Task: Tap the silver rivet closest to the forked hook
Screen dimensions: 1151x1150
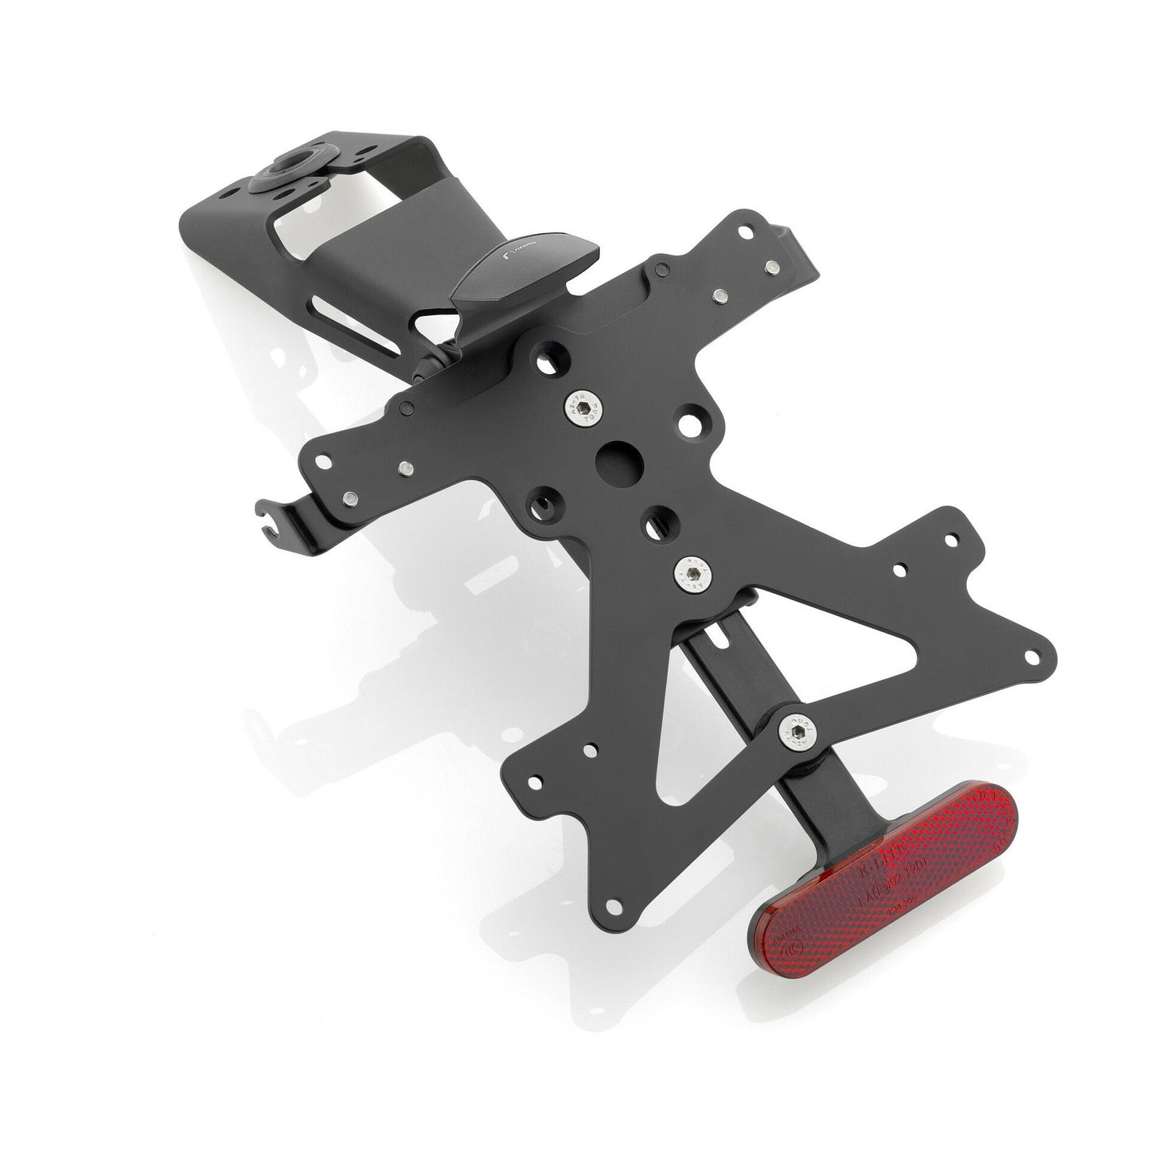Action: (350, 498)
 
